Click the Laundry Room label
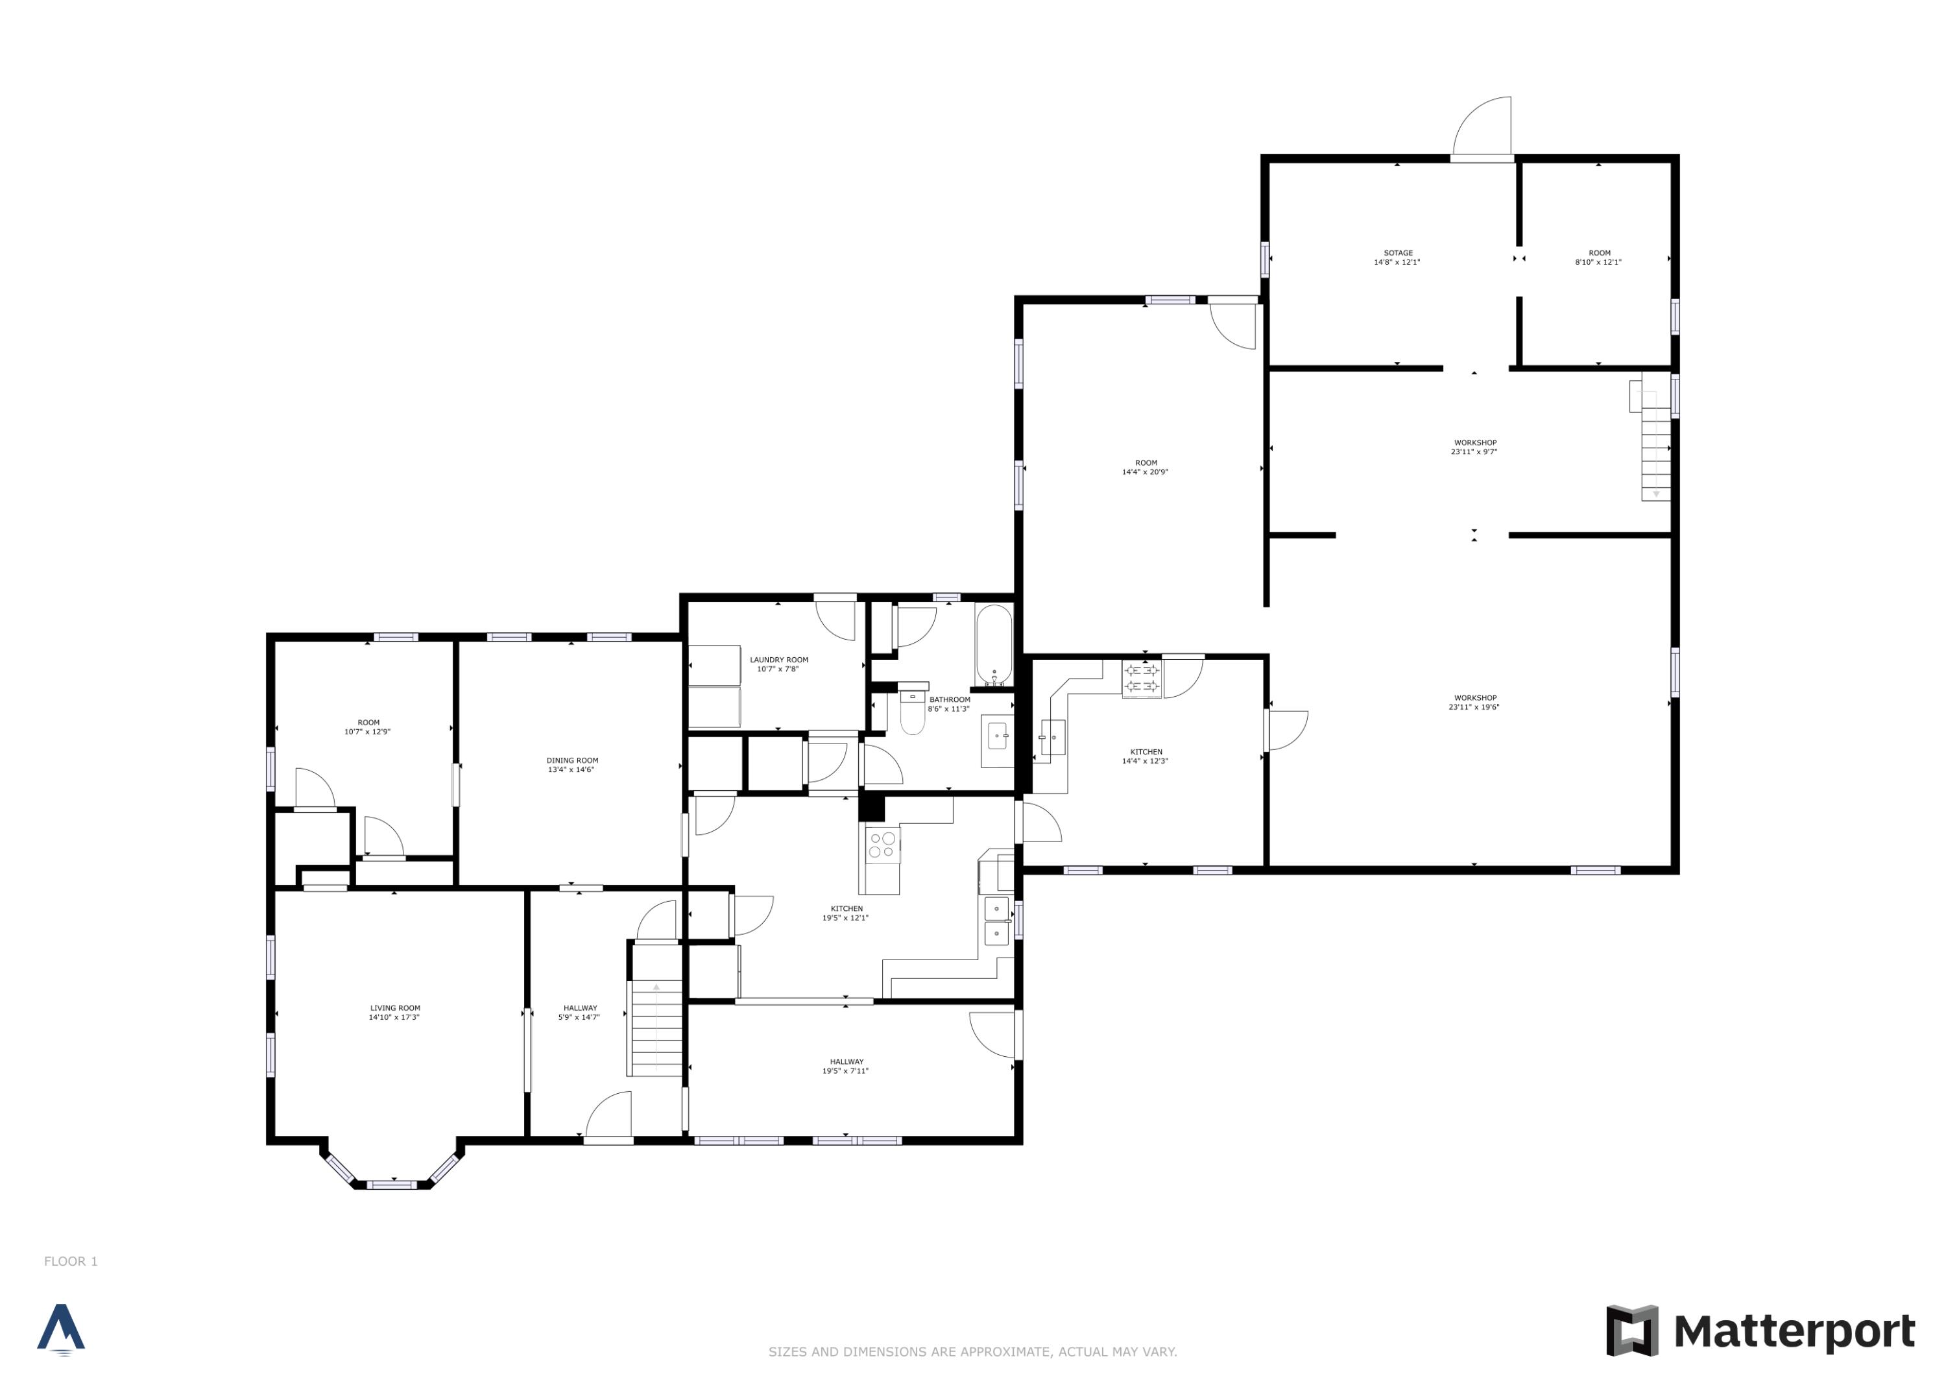778,660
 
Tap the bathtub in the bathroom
993,644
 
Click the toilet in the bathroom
912,713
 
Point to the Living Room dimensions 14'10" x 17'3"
394,1017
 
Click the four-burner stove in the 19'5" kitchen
882,845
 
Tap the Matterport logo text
1794,1331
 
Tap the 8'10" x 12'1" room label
1598,258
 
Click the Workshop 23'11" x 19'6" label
1474,703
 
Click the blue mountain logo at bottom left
61,1329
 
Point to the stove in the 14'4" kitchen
1142,678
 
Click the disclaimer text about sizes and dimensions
972,1351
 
